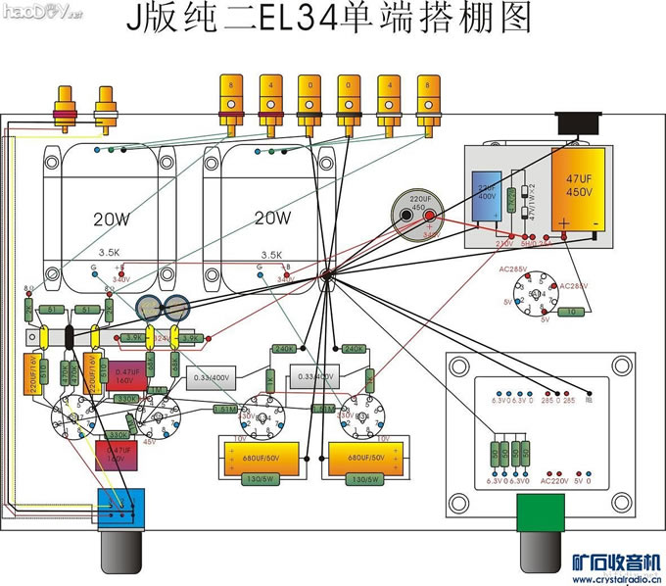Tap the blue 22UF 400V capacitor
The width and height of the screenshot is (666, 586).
(x=489, y=192)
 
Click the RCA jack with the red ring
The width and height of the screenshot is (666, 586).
(x=68, y=109)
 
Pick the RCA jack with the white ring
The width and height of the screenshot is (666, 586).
(x=105, y=109)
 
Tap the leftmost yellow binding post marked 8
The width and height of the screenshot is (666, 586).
(x=230, y=98)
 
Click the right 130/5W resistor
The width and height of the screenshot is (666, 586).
(x=363, y=478)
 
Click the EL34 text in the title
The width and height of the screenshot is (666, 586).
(x=294, y=20)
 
